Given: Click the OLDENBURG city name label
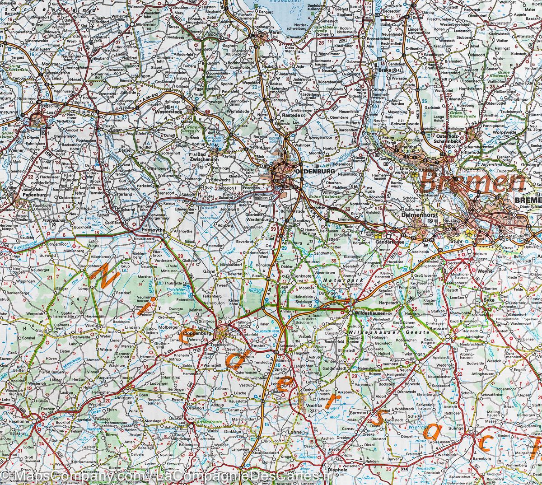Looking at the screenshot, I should tap(309, 172).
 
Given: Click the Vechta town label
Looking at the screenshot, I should tap(313, 406).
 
